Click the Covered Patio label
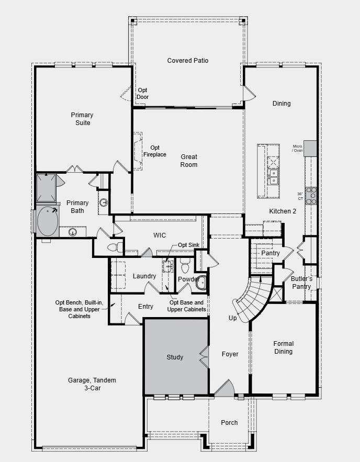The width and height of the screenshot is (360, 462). click(x=188, y=61)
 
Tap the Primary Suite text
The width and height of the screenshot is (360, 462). click(x=82, y=119)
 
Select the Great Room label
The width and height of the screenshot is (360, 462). click(x=189, y=161)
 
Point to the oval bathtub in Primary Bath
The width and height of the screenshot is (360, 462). click(x=48, y=221)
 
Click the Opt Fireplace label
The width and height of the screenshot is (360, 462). click(x=154, y=151)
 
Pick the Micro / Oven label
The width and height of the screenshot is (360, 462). click(x=297, y=148)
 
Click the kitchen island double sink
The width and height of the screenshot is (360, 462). click(x=273, y=176)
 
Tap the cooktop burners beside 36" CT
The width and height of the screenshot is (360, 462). click(x=311, y=195)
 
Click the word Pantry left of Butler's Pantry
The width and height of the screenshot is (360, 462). click(x=270, y=253)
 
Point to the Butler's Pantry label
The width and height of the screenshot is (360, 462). click(x=301, y=283)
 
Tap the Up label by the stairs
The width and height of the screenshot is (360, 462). click(x=233, y=318)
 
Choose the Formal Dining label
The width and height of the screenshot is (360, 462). click(x=283, y=347)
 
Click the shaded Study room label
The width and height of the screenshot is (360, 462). click(x=175, y=357)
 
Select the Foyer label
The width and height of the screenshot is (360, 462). click(x=230, y=354)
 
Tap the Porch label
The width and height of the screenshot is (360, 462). click(x=229, y=422)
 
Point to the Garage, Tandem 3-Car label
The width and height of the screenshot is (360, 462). click(x=92, y=384)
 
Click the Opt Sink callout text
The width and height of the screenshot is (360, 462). click(x=188, y=245)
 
